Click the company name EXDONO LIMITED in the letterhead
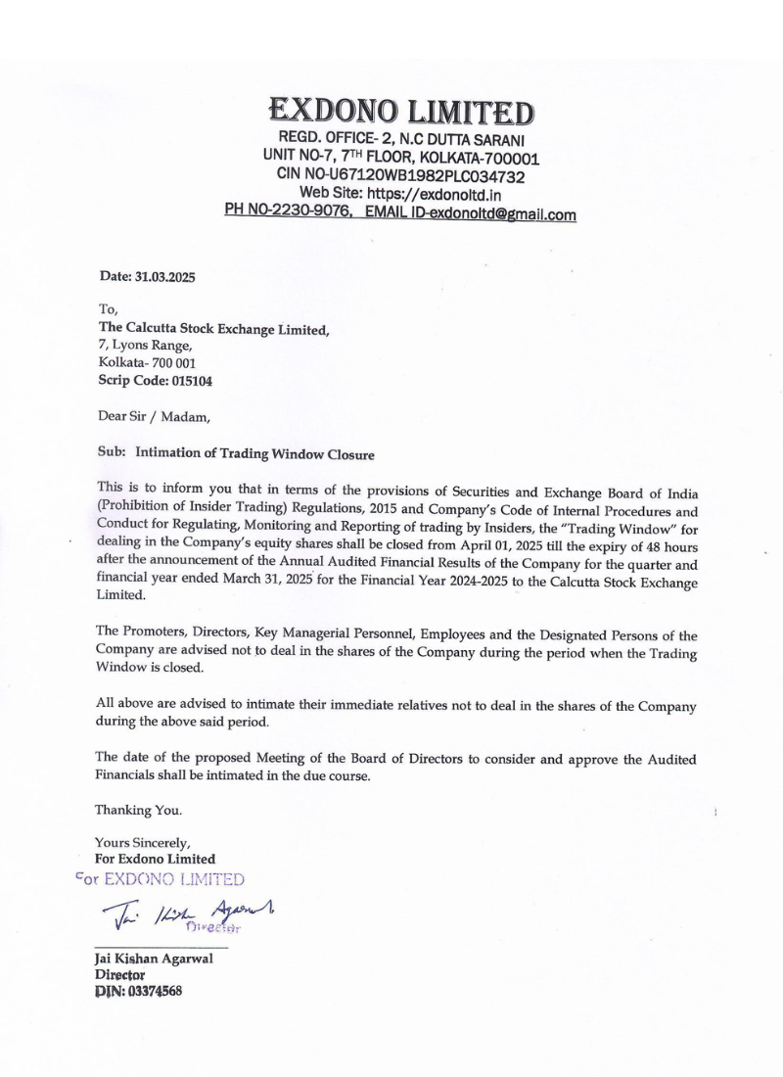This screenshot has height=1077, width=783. pyautogui.click(x=401, y=111)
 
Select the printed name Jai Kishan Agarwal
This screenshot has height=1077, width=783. pyautogui.click(x=154, y=960)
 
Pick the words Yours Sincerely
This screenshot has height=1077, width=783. pyautogui.click(x=143, y=842)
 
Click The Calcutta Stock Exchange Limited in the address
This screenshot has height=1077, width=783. pyautogui.click(x=213, y=329)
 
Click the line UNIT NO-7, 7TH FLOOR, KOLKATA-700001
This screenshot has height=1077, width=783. pyautogui.click(x=401, y=158)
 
